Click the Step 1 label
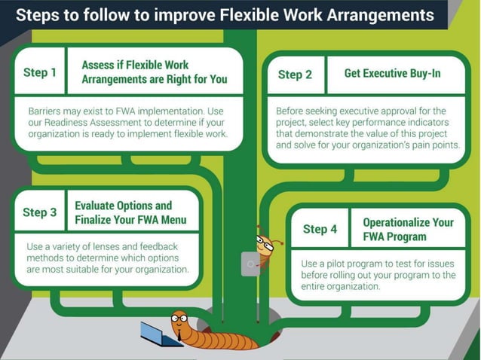[40, 72]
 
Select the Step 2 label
[295, 75]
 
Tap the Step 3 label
[40, 212]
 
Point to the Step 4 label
[320, 229]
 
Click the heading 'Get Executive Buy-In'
[392, 74]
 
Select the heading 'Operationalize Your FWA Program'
[408, 229]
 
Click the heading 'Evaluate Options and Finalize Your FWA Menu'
[130, 212]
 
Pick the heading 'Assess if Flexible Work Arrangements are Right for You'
[154, 72]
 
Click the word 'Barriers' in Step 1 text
[46, 110]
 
